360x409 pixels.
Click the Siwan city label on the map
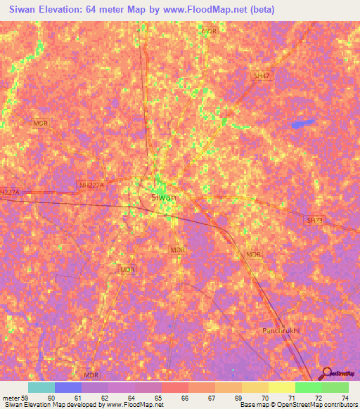[163, 197]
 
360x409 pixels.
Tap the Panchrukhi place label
[281, 330]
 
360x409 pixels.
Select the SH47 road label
[262, 75]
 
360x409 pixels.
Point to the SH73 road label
[314, 221]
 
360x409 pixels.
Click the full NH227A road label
[91, 185]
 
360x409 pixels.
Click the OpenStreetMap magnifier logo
[326, 374]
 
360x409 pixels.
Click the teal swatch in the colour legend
[41, 387]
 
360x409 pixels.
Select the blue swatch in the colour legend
[68, 387]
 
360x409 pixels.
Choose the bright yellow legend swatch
[282, 387]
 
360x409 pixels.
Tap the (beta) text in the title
[259, 10]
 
